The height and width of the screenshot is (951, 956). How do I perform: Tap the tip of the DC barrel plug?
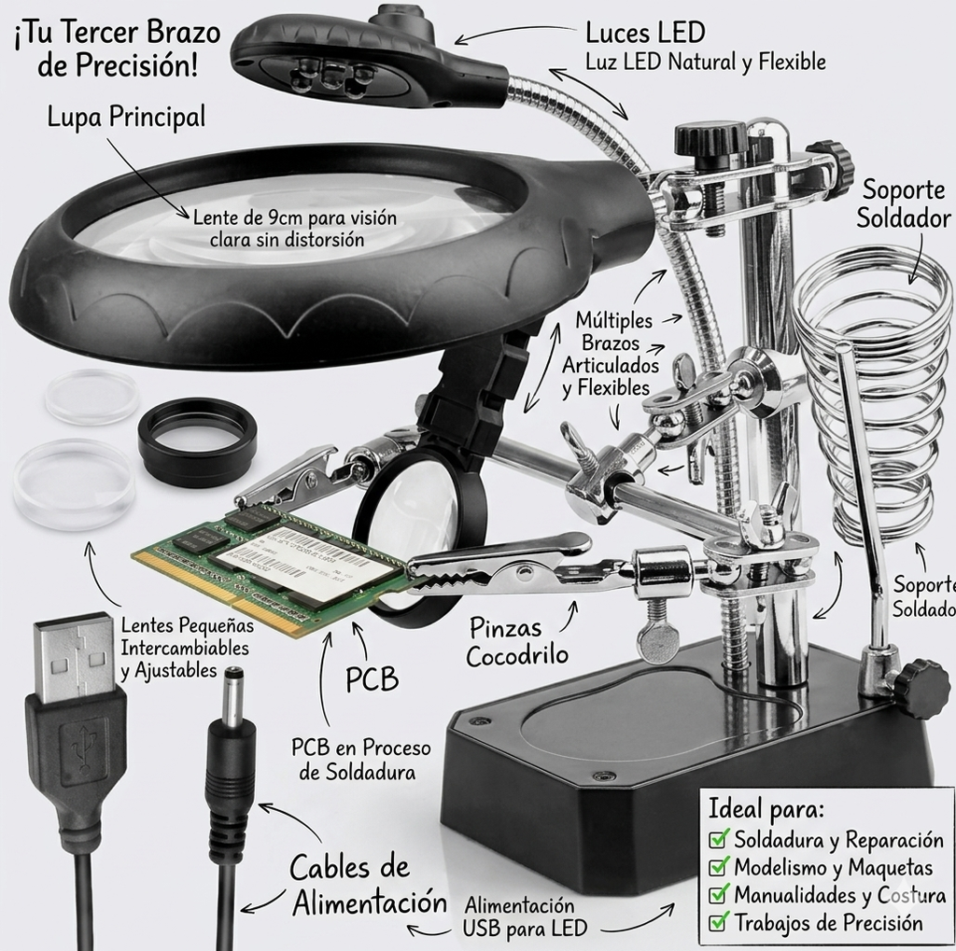pyautogui.click(x=234, y=672)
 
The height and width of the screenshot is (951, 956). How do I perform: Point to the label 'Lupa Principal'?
pyautogui.click(x=126, y=117)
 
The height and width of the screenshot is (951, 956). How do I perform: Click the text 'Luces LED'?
pyautogui.click(x=645, y=33)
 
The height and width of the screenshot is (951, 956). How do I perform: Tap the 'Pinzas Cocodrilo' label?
pyautogui.click(x=517, y=641)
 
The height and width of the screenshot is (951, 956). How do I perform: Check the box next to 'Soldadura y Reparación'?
pyautogui.click(x=718, y=839)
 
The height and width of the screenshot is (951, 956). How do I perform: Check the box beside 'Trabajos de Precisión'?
pyautogui.click(x=718, y=922)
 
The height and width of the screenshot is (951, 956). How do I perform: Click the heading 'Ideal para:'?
pyautogui.click(x=766, y=809)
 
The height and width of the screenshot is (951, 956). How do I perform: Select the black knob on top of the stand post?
pyautogui.click(x=710, y=139)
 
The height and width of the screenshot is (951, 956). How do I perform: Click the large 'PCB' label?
pyautogui.click(x=372, y=678)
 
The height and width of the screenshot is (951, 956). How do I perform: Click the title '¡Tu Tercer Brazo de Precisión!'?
pyautogui.click(x=117, y=49)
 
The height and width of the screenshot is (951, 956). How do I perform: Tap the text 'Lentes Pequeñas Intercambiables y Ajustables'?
pyautogui.click(x=187, y=648)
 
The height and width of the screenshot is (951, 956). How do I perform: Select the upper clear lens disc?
pyautogui.click(x=91, y=397)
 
